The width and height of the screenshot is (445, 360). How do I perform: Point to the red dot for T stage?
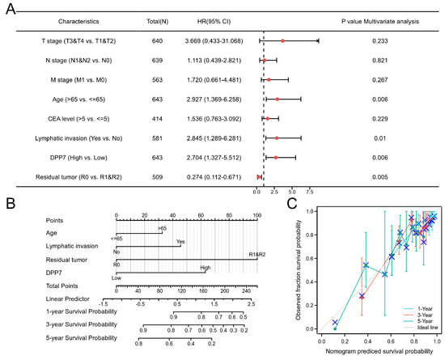(282, 40)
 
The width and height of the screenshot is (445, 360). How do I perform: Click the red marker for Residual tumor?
(259, 176)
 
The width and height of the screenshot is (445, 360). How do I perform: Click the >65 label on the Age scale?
(162, 229)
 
